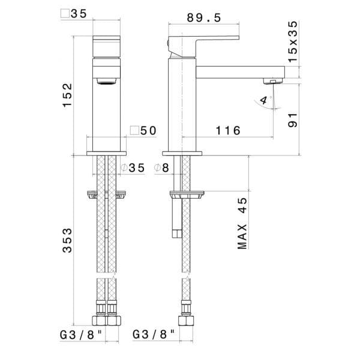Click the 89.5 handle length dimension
click(203, 18)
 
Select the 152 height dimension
click(67, 95)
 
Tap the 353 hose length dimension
click(67, 241)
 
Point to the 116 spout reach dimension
click(228, 131)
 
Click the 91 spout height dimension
click(293, 120)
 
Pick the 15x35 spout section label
click(293, 41)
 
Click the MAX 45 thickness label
click(242, 223)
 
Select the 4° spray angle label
click(265, 100)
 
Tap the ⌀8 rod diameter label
click(161, 168)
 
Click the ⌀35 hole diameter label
click(133, 168)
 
